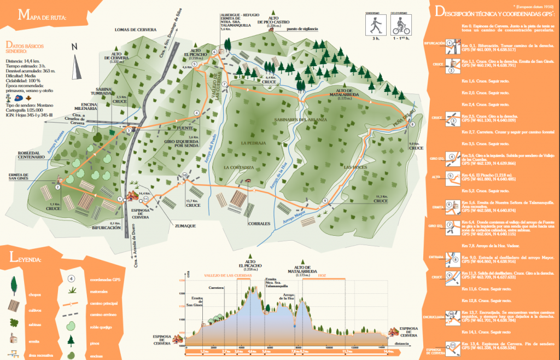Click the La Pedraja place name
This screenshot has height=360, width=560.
tap(253, 143)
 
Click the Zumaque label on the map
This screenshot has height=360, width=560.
tap(185, 225)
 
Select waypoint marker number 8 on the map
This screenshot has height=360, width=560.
tap(412, 125)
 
